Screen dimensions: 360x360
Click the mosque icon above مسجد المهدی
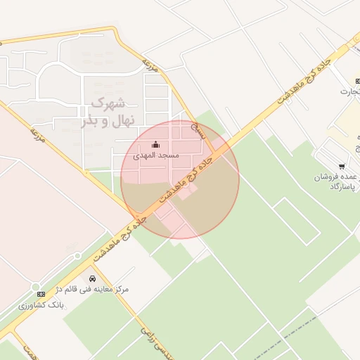pos(155,145)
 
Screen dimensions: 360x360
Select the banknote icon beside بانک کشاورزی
pos(41,293)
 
